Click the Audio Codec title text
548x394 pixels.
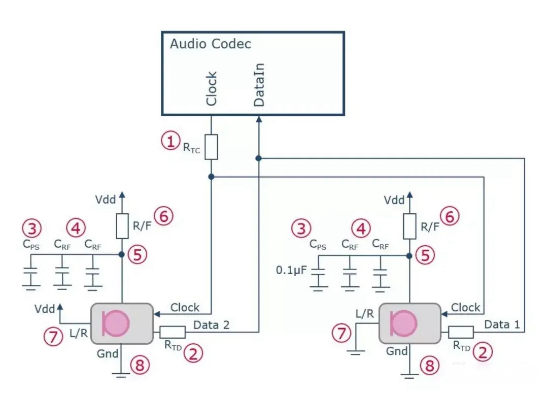tap(210, 44)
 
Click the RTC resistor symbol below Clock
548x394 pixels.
tap(212, 147)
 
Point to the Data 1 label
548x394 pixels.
tap(502, 324)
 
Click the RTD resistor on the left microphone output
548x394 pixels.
tap(173, 333)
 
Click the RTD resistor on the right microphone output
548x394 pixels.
tap(461, 332)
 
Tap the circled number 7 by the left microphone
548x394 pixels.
tap(52, 336)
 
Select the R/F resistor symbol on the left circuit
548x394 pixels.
tap(122, 226)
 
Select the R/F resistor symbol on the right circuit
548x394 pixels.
tap(409, 226)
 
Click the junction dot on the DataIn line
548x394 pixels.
tap(259, 158)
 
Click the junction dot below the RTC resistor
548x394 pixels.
tap(212, 177)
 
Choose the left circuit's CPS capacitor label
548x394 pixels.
tap(31, 244)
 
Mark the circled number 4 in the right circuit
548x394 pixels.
tap(361, 229)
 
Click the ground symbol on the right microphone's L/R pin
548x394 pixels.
tap(356, 351)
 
